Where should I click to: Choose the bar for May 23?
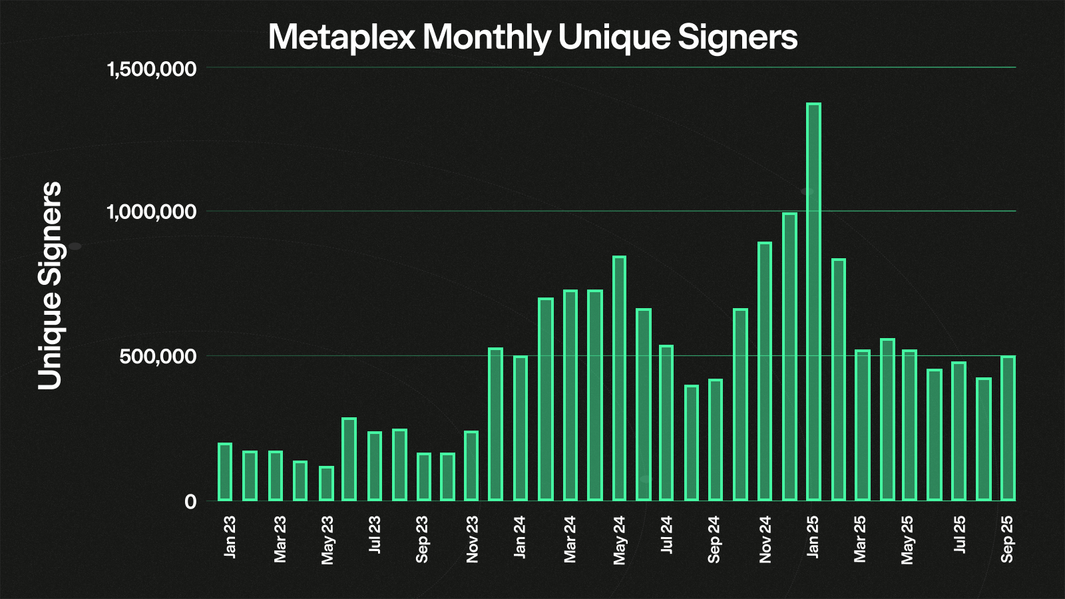tap(326, 483)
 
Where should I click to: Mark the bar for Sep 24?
tap(716, 440)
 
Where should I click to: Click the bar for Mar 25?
tap(862, 425)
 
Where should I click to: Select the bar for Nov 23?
tap(471, 466)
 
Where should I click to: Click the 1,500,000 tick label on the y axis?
tap(152, 69)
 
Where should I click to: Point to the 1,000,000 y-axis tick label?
tap(152, 212)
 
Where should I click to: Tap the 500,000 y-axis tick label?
tap(158, 357)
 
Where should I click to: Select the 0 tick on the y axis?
tap(190, 502)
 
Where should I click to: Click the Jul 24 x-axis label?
tap(666, 535)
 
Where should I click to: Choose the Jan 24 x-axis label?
tap(520, 537)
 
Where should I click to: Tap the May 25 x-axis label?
tap(907, 539)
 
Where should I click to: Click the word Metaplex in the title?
tap(341, 37)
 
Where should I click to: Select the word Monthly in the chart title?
tap(487, 37)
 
